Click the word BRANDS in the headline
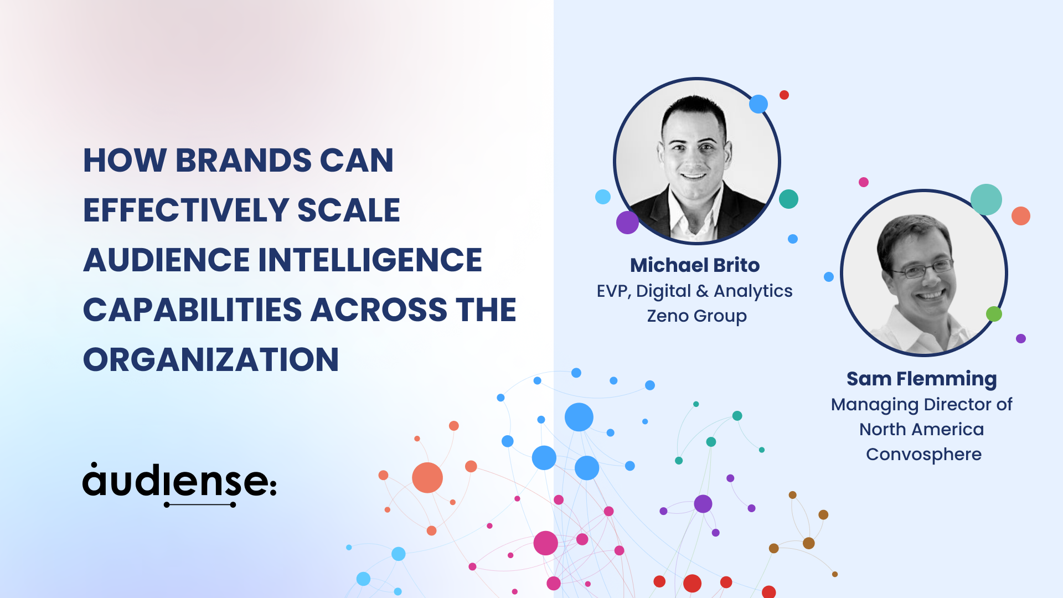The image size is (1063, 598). [244, 161]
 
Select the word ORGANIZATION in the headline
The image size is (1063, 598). [211, 359]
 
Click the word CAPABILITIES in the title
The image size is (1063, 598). [192, 310]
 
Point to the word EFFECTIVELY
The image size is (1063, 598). [187, 210]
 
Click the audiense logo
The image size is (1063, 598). [179, 484]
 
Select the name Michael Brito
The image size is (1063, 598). [695, 265]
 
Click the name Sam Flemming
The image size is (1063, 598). [922, 379]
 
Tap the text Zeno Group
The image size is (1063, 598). [697, 316]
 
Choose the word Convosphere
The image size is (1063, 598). [923, 455]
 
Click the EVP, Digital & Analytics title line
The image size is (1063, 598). [695, 291]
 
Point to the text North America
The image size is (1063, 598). [922, 429]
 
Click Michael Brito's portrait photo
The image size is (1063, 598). [697, 161]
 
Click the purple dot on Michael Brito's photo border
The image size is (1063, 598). [627, 223]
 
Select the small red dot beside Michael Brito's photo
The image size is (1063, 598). [784, 95]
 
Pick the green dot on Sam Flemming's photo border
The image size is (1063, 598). [994, 314]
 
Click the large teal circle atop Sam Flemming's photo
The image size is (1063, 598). [986, 199]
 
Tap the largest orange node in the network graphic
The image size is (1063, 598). [427, 477]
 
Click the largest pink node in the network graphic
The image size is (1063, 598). [545, 543]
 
